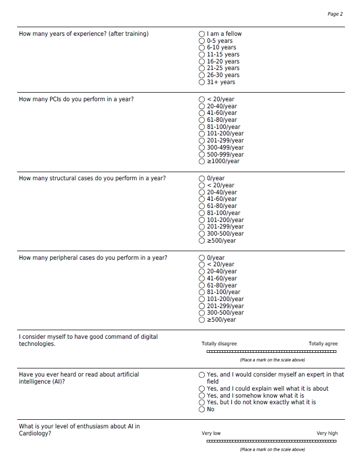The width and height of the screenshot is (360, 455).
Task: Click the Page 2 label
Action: (335, 14)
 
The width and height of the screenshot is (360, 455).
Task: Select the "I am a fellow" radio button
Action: (202, 34)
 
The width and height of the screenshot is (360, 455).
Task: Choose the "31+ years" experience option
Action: (202, 82)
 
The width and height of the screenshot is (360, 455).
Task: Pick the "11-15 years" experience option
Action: (202, 54)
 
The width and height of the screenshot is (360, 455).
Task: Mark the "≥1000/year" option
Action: (202, 161)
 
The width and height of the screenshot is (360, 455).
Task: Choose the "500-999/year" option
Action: (202, 155)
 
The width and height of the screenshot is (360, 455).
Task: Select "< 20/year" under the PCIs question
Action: (202, 99)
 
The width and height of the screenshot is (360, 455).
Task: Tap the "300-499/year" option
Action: (202, 147)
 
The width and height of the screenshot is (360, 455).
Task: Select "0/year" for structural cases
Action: (202, 178)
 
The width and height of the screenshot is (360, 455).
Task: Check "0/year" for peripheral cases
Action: (202, 258)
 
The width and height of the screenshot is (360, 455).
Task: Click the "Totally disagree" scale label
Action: (219, 344)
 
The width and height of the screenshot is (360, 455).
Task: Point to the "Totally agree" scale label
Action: (323, 344)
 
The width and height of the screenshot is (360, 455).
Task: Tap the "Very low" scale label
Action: (211, 433)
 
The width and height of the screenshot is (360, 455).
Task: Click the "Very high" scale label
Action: (327, 433)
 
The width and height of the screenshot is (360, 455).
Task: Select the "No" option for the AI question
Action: (202, 409)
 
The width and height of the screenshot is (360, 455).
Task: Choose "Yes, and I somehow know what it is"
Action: (202, 396)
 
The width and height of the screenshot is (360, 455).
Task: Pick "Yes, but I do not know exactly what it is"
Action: (202, 403)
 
